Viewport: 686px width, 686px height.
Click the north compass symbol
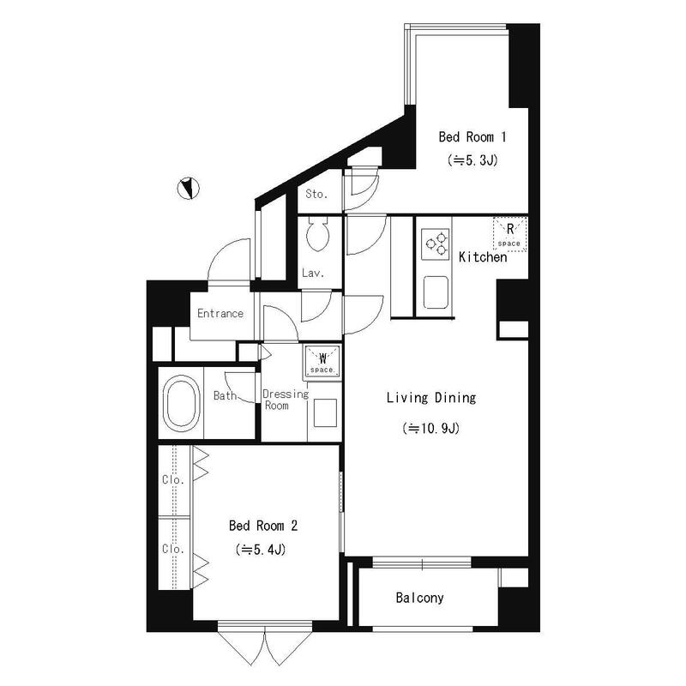(188, 189)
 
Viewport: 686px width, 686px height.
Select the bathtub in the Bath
(182, 403)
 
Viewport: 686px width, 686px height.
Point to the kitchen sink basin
(436, 292)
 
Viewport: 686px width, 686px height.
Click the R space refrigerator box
(509, 234)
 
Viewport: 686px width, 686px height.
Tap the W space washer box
(323, 362)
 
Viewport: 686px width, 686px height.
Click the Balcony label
(419, 598)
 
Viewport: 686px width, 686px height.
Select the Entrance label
(220, 313)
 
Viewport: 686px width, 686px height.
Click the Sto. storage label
(316, 194)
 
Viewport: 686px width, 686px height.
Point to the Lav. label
(313, 274)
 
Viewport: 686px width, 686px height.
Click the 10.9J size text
(431, 428)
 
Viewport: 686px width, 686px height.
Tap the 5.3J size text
(472, 160)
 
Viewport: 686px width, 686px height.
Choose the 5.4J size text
(261, 550)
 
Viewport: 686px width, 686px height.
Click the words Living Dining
(431, 398)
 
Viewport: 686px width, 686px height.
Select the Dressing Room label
(286, 400)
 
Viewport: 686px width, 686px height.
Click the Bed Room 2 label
(263, 526)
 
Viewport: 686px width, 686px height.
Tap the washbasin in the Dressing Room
(325, 412)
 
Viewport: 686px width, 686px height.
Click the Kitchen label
(483, 256)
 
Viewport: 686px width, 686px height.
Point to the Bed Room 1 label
(472, 137)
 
